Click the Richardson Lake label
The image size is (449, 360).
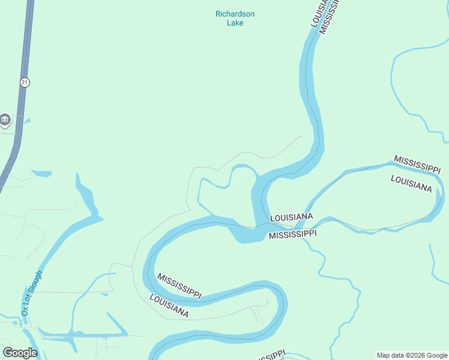point(235,18)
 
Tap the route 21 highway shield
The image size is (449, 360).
point(24,82)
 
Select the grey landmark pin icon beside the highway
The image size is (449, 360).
point(5,120)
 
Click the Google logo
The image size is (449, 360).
point(20,352)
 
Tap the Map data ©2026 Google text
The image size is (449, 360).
point(412,355)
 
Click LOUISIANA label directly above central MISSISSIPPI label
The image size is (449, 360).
point(292,217)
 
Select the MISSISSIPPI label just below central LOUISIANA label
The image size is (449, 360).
point(292,234)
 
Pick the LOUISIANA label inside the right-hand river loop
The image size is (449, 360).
point(411,183)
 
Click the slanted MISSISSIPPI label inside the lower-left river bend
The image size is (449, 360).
point(179,286)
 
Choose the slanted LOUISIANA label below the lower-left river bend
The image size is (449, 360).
point(169,306)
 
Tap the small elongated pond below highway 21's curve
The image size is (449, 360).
point(41,174)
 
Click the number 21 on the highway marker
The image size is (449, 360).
point(24,82)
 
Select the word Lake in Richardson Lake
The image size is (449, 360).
point(235,23)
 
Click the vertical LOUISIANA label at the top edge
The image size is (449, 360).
point(319,14)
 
